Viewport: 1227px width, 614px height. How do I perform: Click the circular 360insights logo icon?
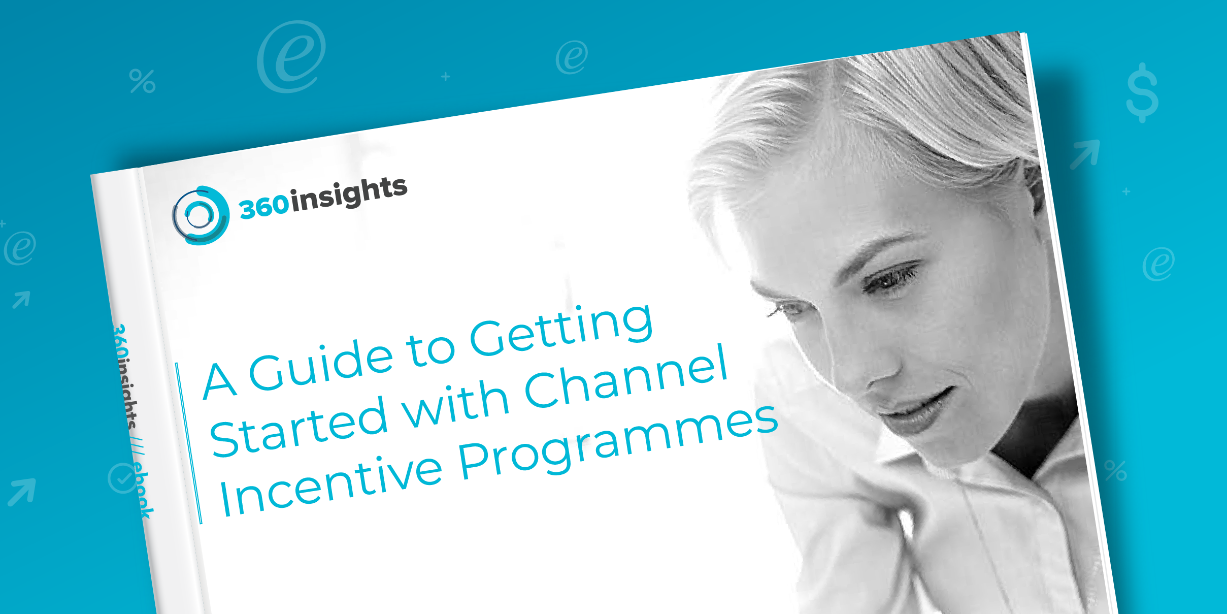point(200,215)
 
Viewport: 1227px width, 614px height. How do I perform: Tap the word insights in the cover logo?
point(349,194)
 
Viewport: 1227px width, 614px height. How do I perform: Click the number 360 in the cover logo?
point(264,207)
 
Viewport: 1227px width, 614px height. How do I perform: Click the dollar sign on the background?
point(1142,92)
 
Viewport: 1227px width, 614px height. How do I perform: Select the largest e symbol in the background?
point(291,56)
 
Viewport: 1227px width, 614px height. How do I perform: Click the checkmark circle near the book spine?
point(122,478)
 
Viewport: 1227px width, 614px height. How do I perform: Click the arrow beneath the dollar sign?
point(1085,154)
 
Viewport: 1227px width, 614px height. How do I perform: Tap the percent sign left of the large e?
point(142,81)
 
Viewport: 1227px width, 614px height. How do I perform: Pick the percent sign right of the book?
point(1115,471)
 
